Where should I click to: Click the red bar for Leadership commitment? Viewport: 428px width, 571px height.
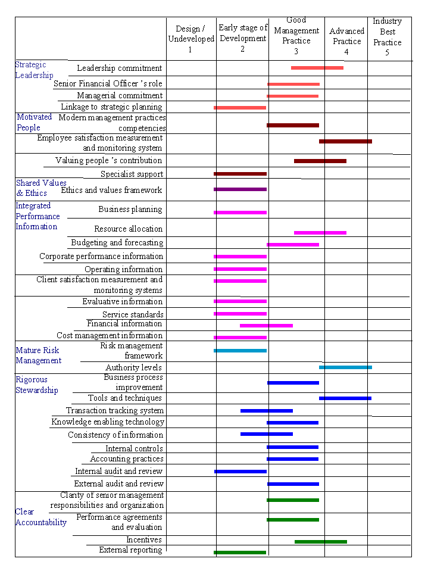click(317, 68)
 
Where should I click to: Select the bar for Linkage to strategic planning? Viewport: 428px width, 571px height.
click(240, 108)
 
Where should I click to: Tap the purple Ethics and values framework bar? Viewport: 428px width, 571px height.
click(240, 189)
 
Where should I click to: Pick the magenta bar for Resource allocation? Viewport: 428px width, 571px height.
click(320, 232)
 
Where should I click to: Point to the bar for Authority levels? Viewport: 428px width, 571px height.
click(345, 367)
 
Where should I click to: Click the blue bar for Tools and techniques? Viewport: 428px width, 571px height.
click(345, 398)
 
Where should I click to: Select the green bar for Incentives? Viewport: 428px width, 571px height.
click(320, 541)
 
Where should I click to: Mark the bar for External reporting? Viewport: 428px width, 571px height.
click(240, 553)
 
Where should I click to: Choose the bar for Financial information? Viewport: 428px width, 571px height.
click(266, 325)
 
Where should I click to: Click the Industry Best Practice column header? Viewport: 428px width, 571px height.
click(387, 37)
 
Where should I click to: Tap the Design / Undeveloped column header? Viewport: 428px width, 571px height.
click(190, 39)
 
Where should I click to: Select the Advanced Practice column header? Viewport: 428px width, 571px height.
click(346, 42)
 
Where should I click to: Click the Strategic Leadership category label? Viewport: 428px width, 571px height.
click(34, 70)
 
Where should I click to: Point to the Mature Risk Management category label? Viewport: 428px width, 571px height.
click(39, 355)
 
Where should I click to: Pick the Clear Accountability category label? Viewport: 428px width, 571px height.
click(40, 517)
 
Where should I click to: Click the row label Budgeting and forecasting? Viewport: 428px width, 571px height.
click(117, 243)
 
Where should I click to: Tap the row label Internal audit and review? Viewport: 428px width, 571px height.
click(118, 471)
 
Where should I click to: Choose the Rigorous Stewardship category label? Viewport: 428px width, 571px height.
click(37, 385)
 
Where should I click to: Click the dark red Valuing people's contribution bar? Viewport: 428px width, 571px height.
click(320, 161)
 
